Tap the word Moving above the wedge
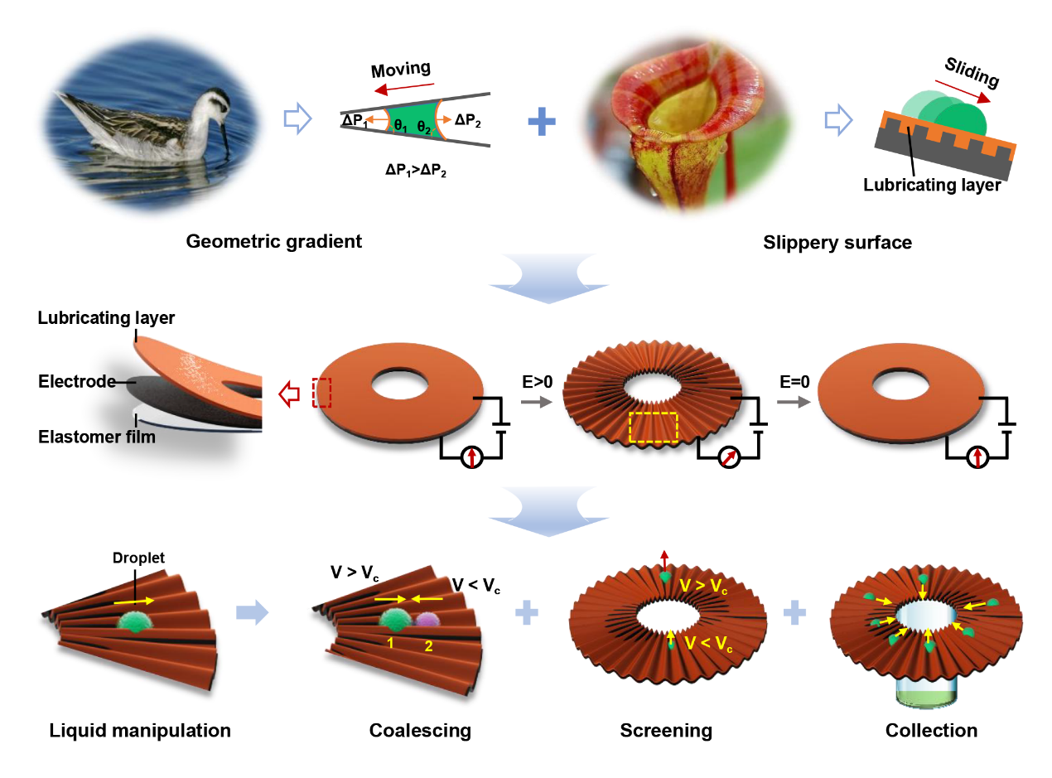[400, 69]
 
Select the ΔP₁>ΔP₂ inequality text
[416, 171]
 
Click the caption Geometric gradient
[274, 242]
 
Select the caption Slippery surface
[837, 243]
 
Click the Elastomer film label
[97, 436]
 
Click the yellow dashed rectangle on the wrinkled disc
[654, 428]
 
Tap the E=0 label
[794, 384]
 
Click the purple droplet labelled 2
[427, 619]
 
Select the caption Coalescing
[420, 731]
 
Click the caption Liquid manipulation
[140, 731]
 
